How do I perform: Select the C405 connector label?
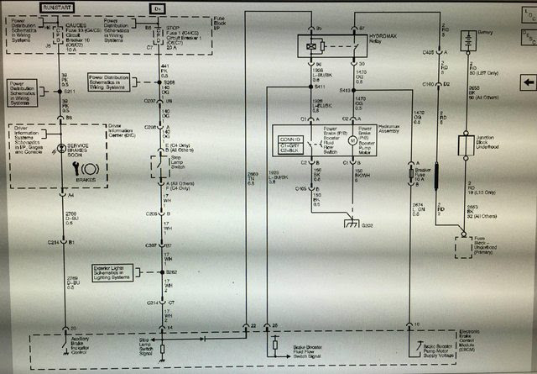(x=428, y=52)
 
